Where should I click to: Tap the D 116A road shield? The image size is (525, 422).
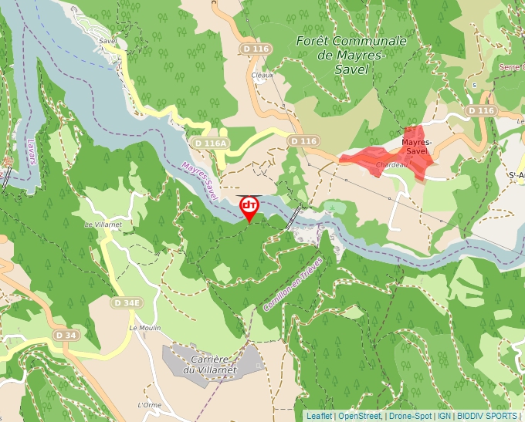point(210,143)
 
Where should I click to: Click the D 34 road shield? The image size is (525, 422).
point(66,335)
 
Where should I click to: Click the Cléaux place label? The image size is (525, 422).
point(262,75)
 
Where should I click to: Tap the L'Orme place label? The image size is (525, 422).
point(148,405)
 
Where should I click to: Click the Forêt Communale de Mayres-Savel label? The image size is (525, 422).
point(351,55)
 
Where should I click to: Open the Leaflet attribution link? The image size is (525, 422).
point(319,416)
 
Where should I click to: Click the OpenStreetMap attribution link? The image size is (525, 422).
point(360,416)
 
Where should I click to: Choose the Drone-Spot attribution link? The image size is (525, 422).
point(410,416)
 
